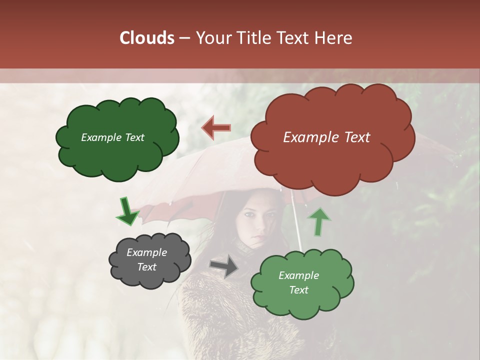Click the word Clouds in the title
tap(146, 38)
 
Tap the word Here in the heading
tap(334, 38)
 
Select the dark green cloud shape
tap(117, 155)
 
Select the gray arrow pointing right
tap(224, 265)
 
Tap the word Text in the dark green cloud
tap(133, 137)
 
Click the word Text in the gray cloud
tap(147, 267)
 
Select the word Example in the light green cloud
tap(298, 275)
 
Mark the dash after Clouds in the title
tap(183, 38)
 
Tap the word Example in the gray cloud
tap(147, 252)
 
